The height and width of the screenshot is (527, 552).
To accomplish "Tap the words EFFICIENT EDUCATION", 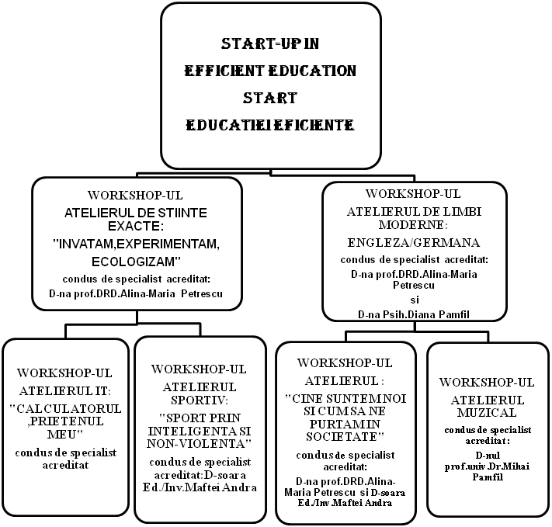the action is [270, 71].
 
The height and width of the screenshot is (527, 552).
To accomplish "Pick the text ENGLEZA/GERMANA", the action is [413, 241].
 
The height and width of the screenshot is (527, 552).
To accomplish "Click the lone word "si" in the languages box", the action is [413, 299].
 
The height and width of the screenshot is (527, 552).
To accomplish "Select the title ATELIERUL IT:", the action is [65, 390].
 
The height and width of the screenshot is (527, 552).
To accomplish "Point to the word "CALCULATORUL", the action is [65, 408].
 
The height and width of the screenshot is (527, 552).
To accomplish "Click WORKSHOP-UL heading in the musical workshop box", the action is [487, 382].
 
